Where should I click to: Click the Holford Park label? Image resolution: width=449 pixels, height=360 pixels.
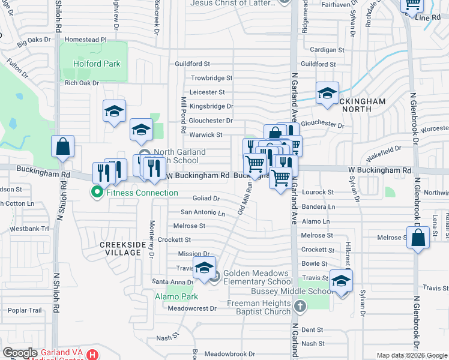pos(97,64)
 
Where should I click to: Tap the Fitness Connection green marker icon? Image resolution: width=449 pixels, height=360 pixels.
pos(96,193)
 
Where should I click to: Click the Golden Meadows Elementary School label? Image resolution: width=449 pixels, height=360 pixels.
pos(258,277)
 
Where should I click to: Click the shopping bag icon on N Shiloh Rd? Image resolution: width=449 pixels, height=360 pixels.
pos(62,146)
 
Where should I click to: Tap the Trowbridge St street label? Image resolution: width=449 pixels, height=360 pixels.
pos(211,78)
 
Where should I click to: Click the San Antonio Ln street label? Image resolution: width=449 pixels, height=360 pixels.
pos(203,213)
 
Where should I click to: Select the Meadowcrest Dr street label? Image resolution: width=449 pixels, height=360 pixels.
pos(192,308)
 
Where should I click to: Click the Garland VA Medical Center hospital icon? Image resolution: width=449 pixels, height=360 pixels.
pos(92,355)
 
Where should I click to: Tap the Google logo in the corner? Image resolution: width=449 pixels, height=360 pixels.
pos(20,353)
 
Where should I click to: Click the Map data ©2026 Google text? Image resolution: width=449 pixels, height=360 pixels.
pos(411,355)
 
